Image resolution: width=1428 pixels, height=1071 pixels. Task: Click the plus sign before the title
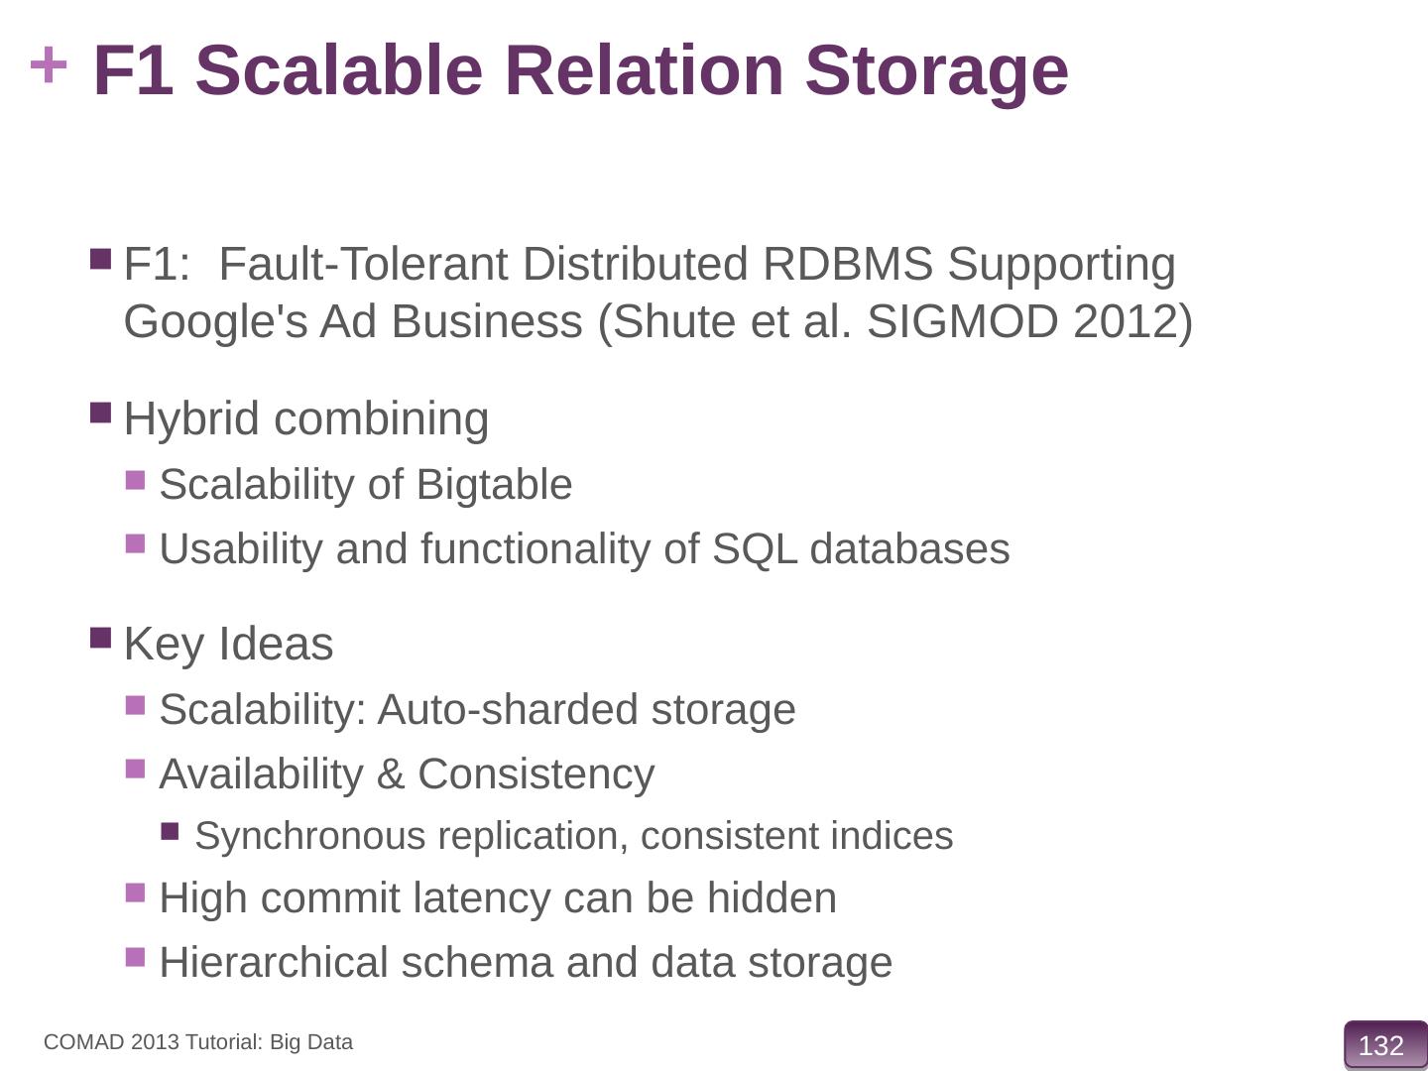point(49,67)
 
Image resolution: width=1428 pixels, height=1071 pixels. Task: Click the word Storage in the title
point(936,70)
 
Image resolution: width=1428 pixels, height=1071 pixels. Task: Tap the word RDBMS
point(848,265)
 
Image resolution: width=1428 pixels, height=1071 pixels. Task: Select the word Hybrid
point(190,418)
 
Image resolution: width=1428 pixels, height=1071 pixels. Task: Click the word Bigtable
point(494,485)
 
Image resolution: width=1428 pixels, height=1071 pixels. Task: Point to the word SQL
point(755,548)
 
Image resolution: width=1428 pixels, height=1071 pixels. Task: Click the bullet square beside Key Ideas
point(101,637)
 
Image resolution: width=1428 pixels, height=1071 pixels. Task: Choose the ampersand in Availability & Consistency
point(391,774)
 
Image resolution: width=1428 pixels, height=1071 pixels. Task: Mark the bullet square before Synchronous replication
point(171,831)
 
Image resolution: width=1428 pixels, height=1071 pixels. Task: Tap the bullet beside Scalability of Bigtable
point(136,481)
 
